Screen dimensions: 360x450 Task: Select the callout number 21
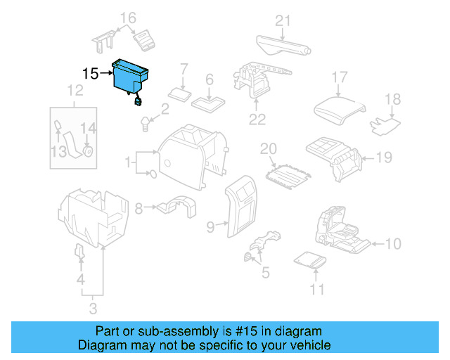pos(283,21)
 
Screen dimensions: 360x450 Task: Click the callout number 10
pos(393,244)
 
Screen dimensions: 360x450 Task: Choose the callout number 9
pos(210,226)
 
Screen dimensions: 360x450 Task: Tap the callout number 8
pos(139,207)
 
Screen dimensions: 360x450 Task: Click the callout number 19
pos(382,157)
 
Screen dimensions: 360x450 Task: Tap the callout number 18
pos(392,100)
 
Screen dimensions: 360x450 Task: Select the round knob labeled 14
pos(88,150)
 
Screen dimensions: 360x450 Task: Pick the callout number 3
pos(93,307)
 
